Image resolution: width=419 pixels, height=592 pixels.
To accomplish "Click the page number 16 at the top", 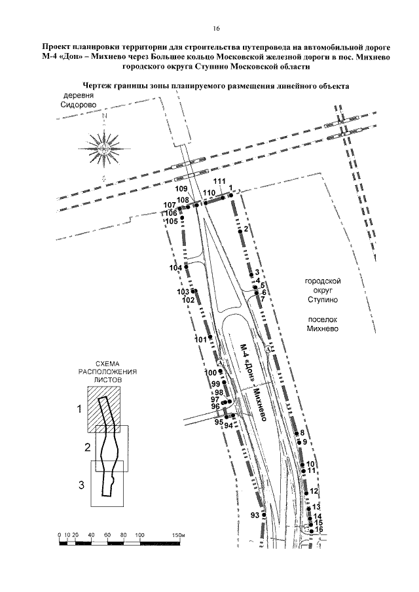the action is [216, 28].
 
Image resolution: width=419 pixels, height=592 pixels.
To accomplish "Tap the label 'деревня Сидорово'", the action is [78, 100].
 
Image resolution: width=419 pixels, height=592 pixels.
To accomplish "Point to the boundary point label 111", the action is [219, 181].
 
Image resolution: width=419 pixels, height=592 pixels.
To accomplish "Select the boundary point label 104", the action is [175, 268].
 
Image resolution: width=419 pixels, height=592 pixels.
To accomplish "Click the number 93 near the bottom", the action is [255, 515].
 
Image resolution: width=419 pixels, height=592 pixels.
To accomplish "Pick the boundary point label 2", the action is [246, 229].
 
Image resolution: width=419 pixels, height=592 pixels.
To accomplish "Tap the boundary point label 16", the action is [319, 529].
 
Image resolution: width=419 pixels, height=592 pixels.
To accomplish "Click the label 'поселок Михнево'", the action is [322, 324].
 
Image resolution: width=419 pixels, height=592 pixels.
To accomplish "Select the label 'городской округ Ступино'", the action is [323, 290].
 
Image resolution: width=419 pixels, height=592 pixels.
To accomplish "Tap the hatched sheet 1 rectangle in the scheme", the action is [104, 409].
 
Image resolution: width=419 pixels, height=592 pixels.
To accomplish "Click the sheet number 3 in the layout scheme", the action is [81, 485].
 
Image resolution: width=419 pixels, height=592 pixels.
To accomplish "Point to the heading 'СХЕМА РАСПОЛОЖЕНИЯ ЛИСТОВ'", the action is [107, 372].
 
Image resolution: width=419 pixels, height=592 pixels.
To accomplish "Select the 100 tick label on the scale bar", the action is [139, 535].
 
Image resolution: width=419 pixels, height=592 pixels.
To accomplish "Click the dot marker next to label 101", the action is [210, 337].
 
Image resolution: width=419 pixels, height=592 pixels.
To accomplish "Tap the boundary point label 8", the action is [302, 433].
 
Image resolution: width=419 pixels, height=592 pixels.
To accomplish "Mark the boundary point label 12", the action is [314, 491].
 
